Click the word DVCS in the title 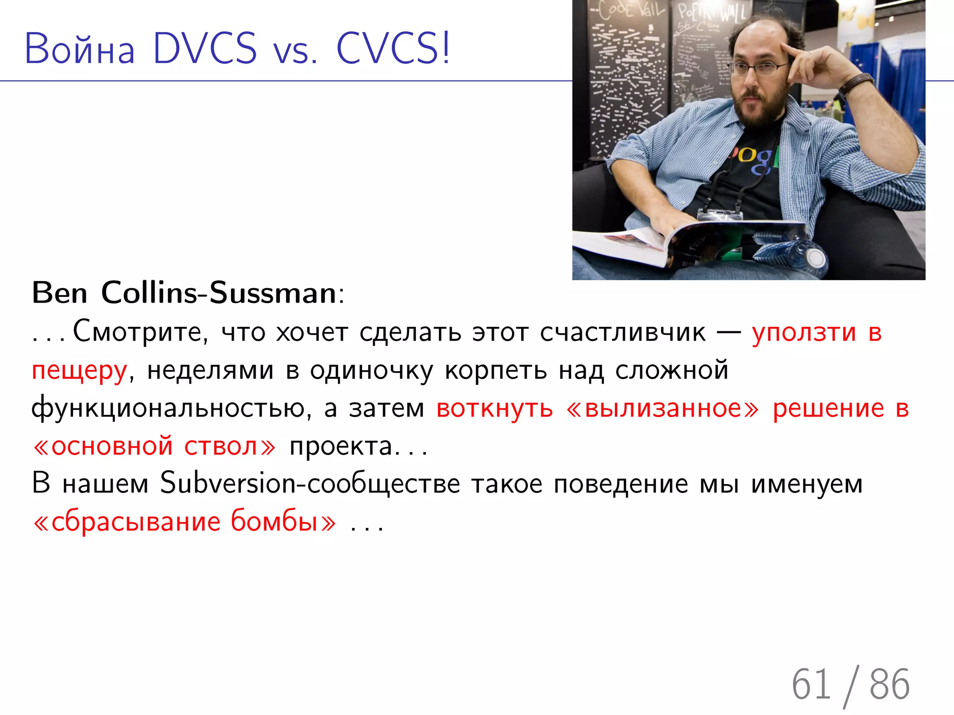pos(204,48)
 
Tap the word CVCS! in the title pos(393,48)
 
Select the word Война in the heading pos(80,49)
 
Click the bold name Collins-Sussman pos(218,293)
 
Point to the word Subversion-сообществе pos(310,484)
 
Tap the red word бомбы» pos(283,522)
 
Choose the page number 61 pos(811,684)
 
